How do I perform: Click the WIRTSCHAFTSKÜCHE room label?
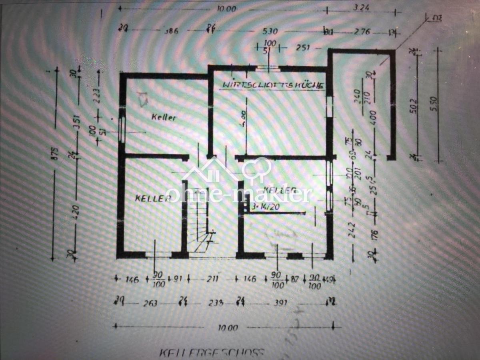pyautogui.click(x=273, y=85)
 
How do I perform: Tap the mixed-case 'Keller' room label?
pyautogui.click(x=164, y=117)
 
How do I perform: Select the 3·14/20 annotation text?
pyautogui.click(x=264, y=207)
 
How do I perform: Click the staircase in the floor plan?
pyautogui.click(x=199, y=220)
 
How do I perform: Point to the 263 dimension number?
pyautogui.click(x=151, y=303)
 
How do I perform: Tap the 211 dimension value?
pyautogui.click(x=212, y=279)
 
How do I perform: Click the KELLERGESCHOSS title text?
pyautogui.click(x=212, y=353)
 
